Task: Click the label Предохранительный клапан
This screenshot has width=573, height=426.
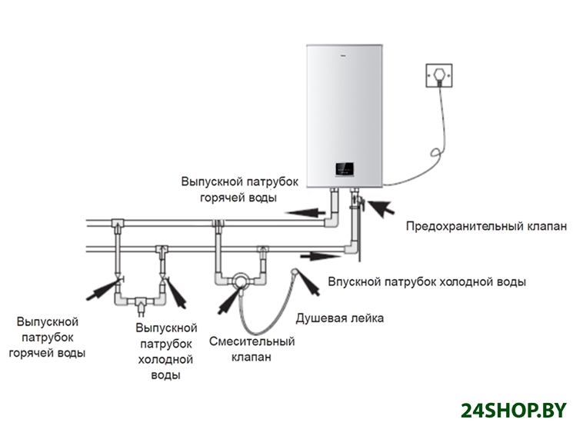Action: [x=486, y=227]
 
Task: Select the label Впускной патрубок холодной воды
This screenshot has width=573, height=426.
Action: [x=427, y=282]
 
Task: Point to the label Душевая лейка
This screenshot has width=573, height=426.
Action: [x=339, y=318]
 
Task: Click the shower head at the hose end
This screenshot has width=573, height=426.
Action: [x=294, y=272]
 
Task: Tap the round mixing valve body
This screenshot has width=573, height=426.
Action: [x=241, y=280]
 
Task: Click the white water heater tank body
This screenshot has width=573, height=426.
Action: [x=343, y=108]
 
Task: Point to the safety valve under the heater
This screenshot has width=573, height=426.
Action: [x=356, y=204]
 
